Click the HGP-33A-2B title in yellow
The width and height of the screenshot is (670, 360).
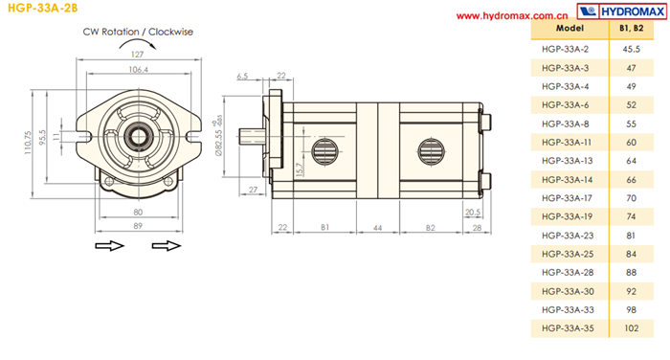(x=43, y=8)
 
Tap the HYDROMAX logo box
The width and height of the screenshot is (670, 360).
(x=621, y=11)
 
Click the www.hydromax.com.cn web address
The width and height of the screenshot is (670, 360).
(x=512, y=16)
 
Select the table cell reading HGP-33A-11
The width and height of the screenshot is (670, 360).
(x=567, y=143)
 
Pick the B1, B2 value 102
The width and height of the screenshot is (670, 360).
(x=631, y=328)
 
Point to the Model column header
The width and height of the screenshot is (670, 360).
(x=569, y=28)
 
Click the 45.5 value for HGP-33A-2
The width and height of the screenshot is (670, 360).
(x=631, y=49)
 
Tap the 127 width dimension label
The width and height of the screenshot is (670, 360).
(x=137, y=55)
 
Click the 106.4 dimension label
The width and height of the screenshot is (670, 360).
(x=138, y=69)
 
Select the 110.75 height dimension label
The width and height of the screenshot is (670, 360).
(x=28, y=143)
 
